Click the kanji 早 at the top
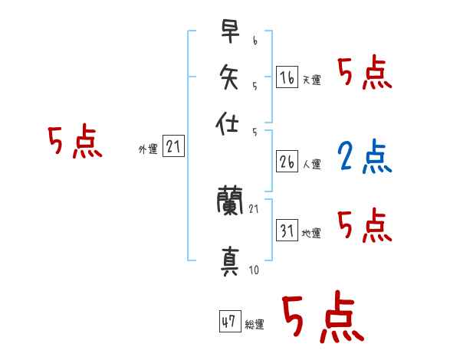click(230, 31)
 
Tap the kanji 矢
click(228, 77)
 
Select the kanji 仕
click(227, 123)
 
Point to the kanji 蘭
click(230, 200)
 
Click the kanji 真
click(230, 261)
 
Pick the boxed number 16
click(287, 77)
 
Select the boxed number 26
click(287, 162)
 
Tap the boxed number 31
click(287, 231)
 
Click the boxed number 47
click(230, 321)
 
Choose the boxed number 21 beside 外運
click(173, 146)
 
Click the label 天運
click(312, 80)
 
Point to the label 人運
click(312, 164)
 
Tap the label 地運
click(311, 234)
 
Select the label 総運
click(255, 325)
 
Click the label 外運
click(148, 149)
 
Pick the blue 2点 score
click(364, 156)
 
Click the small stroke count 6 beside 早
click(255, 41)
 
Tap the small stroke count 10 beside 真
click(254, 270)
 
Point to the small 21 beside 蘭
click(254, 209)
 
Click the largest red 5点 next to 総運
click(323, 316)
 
